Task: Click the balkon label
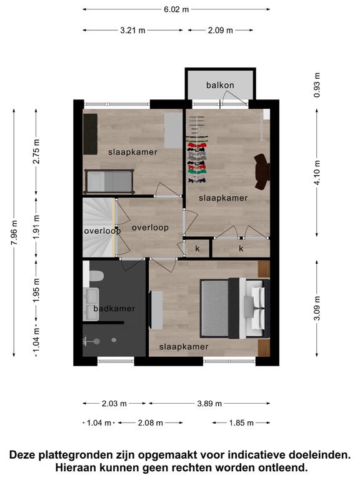pyautogui.click(x=220, y=85)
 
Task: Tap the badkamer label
pyautogui.click(x=114, y=308)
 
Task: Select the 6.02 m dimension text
pyautogui.click(x=176, y=9)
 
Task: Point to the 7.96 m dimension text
pyautogui.click(x=14, y=232)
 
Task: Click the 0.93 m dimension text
pyautogui.click(x=317, y=85)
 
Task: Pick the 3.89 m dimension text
pyautogui.click(x=209, y=404)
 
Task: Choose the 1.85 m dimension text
pyautogui.click(x=241, y=422)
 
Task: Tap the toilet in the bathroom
pyautogui.click(x=96, y=276)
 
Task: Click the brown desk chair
pyautogui.click(x=262, y=172)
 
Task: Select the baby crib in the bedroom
pyautogui.click(x=109, y=181)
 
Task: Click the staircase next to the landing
pyautogui.click(x=99, y=227)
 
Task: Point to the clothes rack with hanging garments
pyautogui.click(x=197, y=149)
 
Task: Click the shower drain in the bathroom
pyautogui.click(x=114, y=340)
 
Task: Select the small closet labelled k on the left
pyautogui.click(x=197, y=249)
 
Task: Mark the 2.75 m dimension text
pyautogui.click(x=36, y=151)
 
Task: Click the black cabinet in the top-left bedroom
pyautogui.click(x=90, y=134)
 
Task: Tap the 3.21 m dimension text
pyautogui.click(x=132, y=30)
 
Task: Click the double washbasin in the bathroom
pyautogui.click(x=91, y=304)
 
